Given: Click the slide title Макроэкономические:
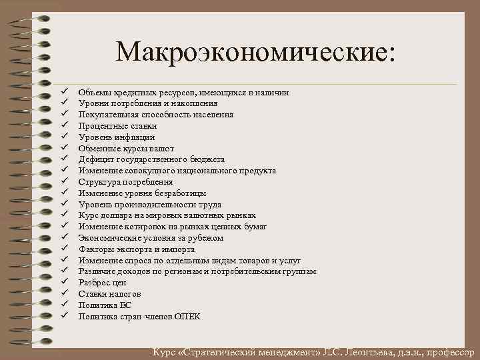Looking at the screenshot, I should [255, 53].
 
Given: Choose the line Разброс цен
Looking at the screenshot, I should [102, 283].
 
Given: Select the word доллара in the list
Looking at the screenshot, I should [119, 215].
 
